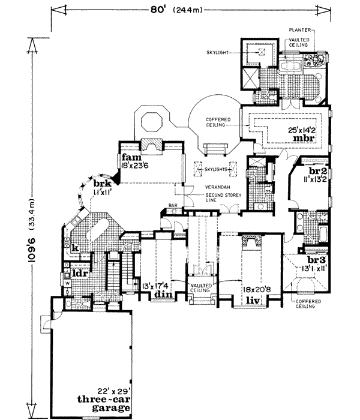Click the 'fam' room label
coord(130,157)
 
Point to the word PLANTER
coord(298,29)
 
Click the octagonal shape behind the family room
coord(150,124)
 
